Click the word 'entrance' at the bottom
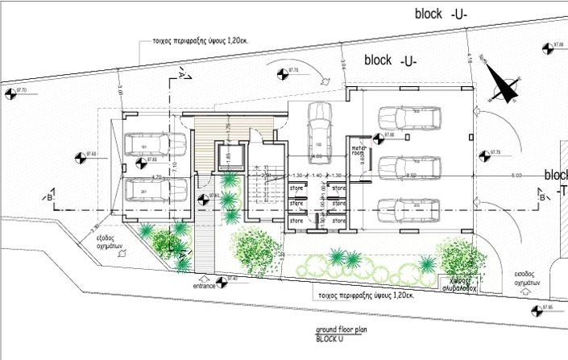click(205, 286)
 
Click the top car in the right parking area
click(411, 120)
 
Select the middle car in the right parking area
click(411, 166)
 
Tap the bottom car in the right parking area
click(411, 209)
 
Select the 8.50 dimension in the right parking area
click(412, 175)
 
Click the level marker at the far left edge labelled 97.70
click(10, 94)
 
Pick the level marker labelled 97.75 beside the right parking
click(484, 154)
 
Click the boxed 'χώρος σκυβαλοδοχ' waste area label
click(458, 281)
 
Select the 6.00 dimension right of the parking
click(516, 175)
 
